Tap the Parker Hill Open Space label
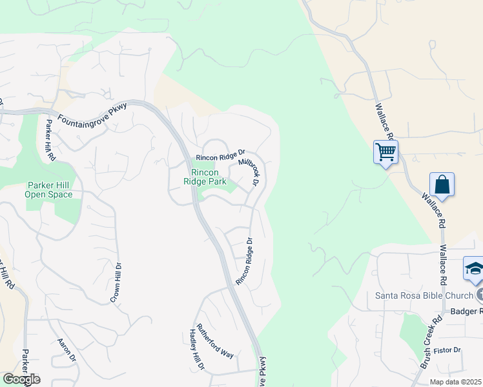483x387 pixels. pos(48,190)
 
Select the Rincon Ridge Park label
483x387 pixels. pos(205,177)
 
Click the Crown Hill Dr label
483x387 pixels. pos(117,283)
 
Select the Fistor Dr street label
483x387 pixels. pos(447,350)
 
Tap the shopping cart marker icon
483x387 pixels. pos(385,153)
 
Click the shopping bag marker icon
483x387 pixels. pos(442,184)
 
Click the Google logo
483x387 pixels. pos(21,379)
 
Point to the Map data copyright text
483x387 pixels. pos(455,382)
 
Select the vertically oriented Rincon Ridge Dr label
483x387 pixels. pos(244,262)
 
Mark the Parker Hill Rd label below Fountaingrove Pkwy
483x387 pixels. pos(50,140)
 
